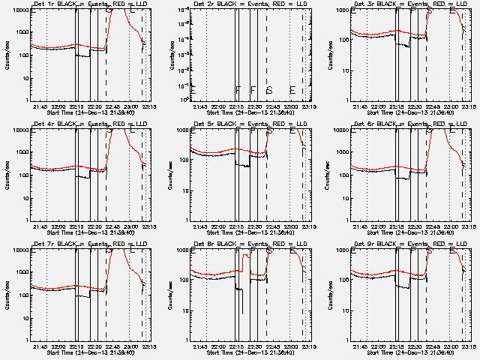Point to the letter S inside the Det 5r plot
coord(269,131)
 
